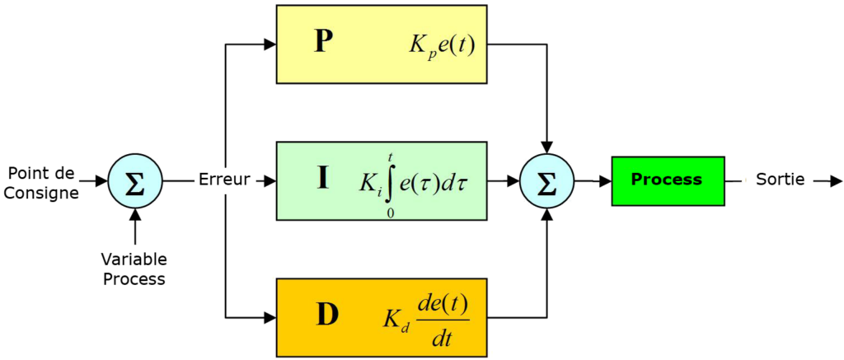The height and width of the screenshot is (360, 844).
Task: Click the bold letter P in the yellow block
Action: point(323,43)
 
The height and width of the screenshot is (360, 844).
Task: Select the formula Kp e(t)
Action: point(441,46)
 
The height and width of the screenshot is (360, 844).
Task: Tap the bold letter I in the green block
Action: point(323,180)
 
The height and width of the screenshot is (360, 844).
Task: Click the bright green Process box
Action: point(668,180)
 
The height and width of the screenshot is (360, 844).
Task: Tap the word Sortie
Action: point(781,180)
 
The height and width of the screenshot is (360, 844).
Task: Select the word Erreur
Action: point(224,180)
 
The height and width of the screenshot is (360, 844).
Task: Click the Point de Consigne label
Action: point(42,181)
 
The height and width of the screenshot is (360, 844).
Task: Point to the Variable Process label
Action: point(134,269)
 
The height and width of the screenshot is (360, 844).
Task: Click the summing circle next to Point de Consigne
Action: point(134,180)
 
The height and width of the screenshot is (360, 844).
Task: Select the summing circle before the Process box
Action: point(547,180)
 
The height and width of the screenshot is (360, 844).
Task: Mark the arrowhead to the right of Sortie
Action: point(835,180)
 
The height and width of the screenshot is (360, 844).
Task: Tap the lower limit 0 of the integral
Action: point(390,213)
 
